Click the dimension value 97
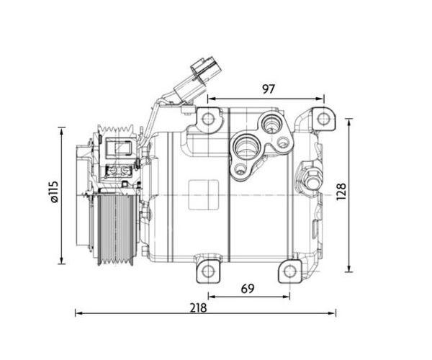pos(269,89)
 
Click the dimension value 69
pos(248,289)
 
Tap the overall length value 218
pos(199,307)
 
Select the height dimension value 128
pos(341,192)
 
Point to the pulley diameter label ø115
pos(53,192)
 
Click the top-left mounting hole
pos(208,120)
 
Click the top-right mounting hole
pos(323,120)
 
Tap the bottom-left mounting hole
pos(208,271)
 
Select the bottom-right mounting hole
pos(290,271)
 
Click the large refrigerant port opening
pos(246,146)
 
